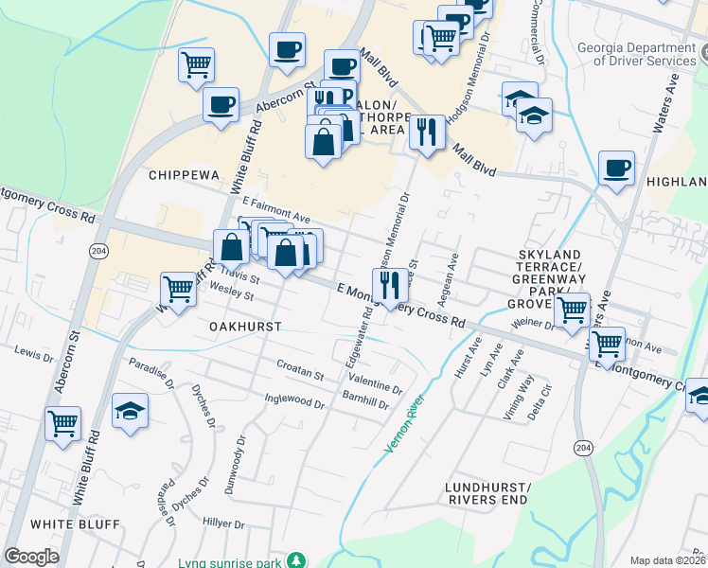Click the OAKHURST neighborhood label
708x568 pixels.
click(x=240, y=326)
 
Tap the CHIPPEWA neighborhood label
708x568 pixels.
click(x=184, y=176)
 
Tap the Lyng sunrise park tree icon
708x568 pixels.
click(x=297, y=561)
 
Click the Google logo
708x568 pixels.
click(x=31, y=557)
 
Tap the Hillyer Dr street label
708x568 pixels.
click(x=222, y=523)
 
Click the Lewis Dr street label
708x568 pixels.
click(x=34, y=355)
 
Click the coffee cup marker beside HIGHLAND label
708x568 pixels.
click(x=616, y=169)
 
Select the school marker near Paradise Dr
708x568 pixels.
click(x=129, y=411)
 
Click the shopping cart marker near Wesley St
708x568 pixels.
click(x=178, y=290)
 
